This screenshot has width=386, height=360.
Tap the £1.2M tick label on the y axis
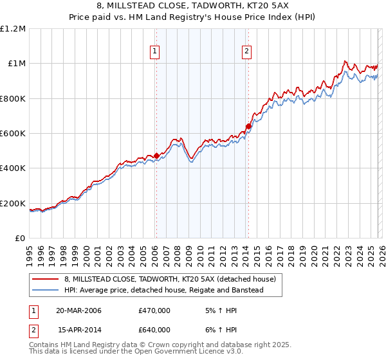point(13,28)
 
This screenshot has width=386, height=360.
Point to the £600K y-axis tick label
point(13,133)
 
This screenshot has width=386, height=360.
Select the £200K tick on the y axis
point(13,203)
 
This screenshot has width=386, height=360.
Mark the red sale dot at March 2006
point(156,156)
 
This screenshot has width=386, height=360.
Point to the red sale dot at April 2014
point(248,126)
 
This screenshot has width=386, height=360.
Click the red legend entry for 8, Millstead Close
point(170,279)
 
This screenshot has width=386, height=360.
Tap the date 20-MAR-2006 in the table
point(79,310)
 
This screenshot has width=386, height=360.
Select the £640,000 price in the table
point(154,330)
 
